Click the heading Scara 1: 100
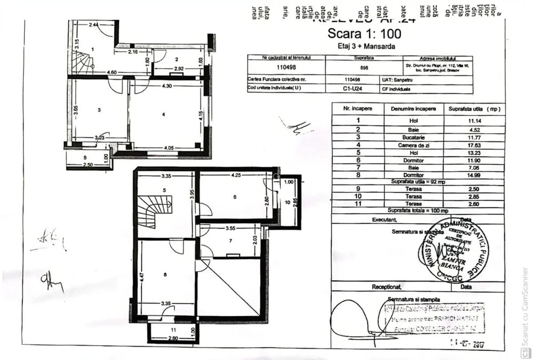[x=364, y=33]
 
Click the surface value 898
[x=364, y=68]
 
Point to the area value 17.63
[x=474, y=145]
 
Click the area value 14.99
[x=474, y=175]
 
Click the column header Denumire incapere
[x=413, y=109]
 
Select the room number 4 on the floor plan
[x=164, y=115]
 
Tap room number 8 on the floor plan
[x=165, y=275]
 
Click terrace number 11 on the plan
[x=174, y=330]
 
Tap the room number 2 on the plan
[x=176, y=59]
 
